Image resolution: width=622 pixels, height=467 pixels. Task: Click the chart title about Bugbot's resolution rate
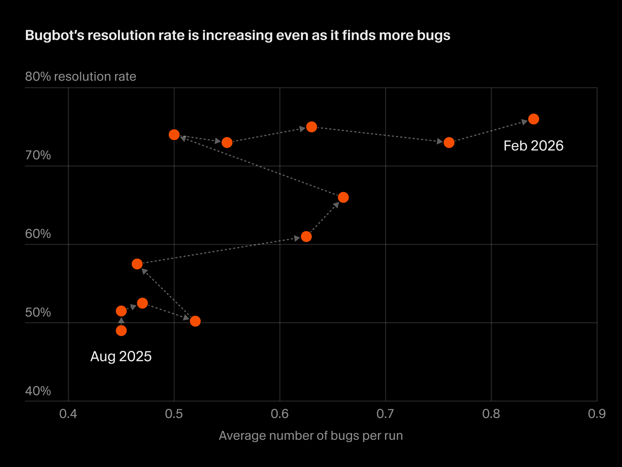click(237, 35)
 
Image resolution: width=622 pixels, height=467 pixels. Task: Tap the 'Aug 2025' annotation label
click(121, 356)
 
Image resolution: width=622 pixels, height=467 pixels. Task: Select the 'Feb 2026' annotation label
click(533, 146)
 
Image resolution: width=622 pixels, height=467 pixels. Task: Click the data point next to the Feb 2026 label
click(533, 119)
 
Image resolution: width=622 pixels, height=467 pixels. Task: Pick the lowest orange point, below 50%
click(121, 331)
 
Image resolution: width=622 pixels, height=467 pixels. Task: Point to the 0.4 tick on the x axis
click(68, 414)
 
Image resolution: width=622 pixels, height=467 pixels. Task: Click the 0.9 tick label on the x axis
click(597, 414)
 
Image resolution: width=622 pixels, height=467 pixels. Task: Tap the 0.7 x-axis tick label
click(385, 414)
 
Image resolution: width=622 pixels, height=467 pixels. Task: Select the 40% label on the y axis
click(38, 391)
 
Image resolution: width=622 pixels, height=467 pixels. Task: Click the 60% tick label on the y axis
click(38, 234)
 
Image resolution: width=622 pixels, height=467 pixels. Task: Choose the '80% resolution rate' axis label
click(80, 77)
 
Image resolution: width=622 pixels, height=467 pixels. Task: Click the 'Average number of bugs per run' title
click(311, 436)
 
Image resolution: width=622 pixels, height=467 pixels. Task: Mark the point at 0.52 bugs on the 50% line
click(195, 321)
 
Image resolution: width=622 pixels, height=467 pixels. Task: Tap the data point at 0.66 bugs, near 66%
click(343, 197)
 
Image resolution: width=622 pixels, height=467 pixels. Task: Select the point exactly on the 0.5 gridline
click(174, 135)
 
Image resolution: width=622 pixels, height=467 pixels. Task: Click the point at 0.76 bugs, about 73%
click(449, 142)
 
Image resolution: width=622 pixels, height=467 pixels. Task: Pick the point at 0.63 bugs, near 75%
click(311, 127)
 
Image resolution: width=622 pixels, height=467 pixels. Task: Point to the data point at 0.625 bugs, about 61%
click(306, 237)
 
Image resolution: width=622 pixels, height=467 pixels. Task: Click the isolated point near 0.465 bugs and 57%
click(137, 264)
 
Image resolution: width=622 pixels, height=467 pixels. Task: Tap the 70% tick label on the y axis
click(38, 155)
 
